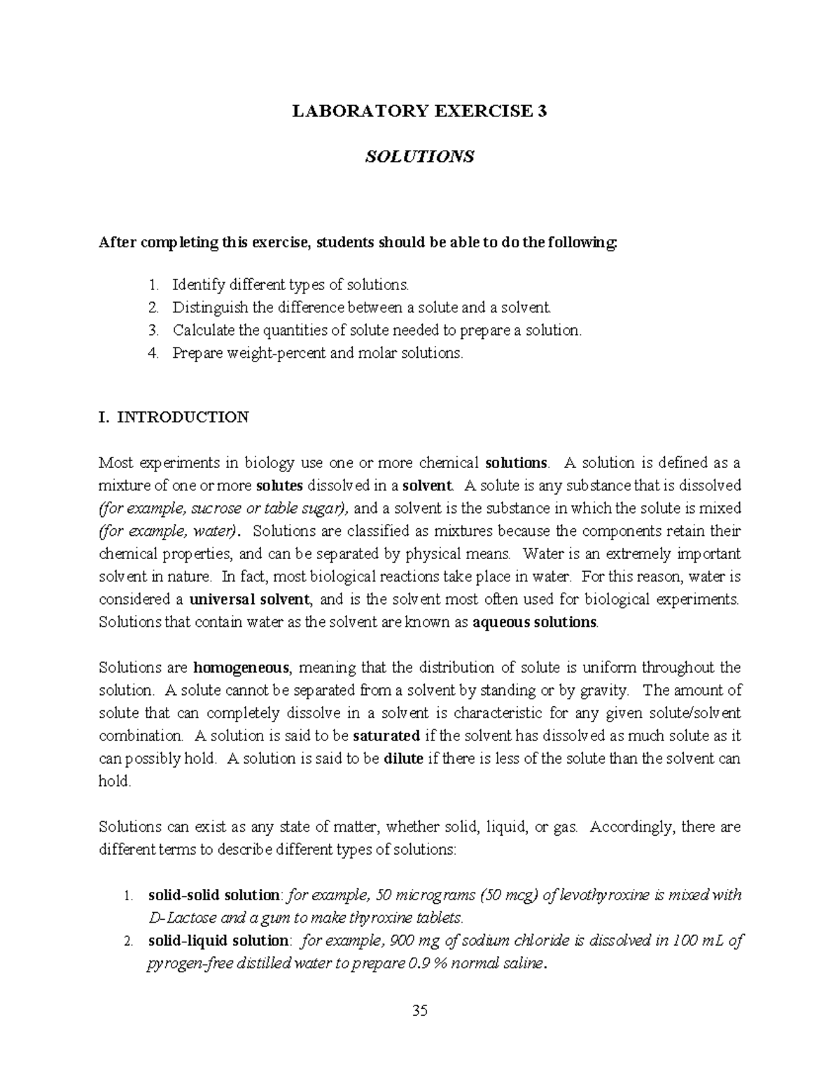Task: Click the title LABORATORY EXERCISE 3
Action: click(419, 111)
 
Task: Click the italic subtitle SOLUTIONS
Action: click(419, 156)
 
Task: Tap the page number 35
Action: click(420, 1010)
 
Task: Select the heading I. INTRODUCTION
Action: click(174, 418)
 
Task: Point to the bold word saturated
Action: click(386, 736)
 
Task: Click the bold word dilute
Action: click(404, 759)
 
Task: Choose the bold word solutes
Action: click(280, 486)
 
